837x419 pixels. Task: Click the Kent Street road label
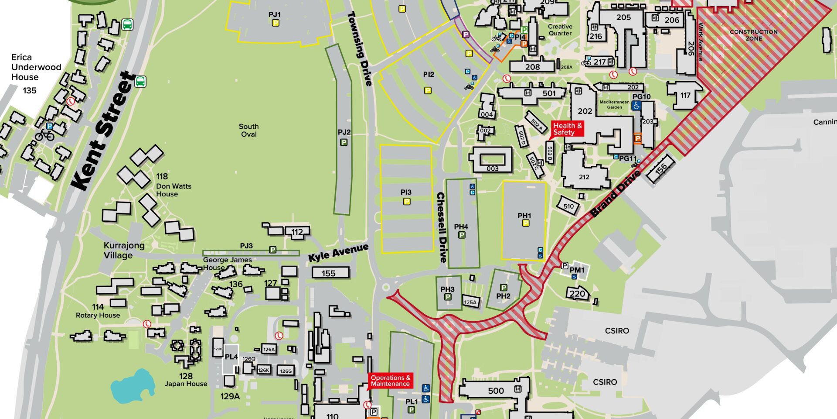(104, 131)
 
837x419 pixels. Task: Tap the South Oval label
(248, 130)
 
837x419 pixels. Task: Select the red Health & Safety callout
(567, 129)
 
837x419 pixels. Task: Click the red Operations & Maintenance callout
(390, 381)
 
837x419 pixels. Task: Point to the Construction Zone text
(753, 35)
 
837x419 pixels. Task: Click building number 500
(496, 391)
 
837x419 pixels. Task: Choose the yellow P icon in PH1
(525, 223)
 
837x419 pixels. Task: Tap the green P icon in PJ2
(344, 142)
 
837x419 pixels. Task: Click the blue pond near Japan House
(132, 386)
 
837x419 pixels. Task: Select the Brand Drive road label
(615, 193)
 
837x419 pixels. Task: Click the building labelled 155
(330, 273)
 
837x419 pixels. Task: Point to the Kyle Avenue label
(338, 253)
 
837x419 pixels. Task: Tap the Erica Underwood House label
(36, 67)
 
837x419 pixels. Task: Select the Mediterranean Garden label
(614, 104)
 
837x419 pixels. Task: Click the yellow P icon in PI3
(406, 202)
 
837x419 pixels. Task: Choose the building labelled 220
(577, 294)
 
